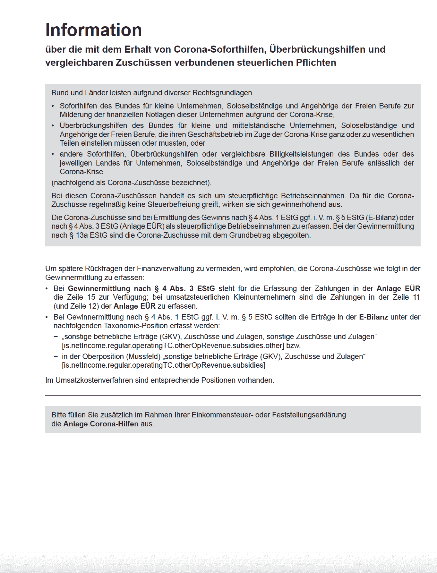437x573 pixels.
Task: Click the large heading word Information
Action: (x=93, y=30)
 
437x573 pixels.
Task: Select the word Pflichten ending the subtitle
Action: (x=316, y=63)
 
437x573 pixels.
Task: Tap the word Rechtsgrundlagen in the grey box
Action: (x=222, y=93)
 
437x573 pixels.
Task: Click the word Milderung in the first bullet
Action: (x=74, y=115)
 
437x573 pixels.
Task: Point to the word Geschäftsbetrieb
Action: (x=215, y=134)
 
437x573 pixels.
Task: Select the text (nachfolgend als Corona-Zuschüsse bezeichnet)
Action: (x=131, y=183)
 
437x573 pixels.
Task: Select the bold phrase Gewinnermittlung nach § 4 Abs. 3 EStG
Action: (x=141, y=288)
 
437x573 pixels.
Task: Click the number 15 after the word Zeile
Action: (x=91, y=297)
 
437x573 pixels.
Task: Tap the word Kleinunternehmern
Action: (x=264, y=297)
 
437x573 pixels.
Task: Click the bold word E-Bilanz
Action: (x=373, y=317)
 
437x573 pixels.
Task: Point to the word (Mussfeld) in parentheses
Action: (x=144, y=356)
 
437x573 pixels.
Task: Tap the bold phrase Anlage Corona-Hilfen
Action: (x=101, y=424)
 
